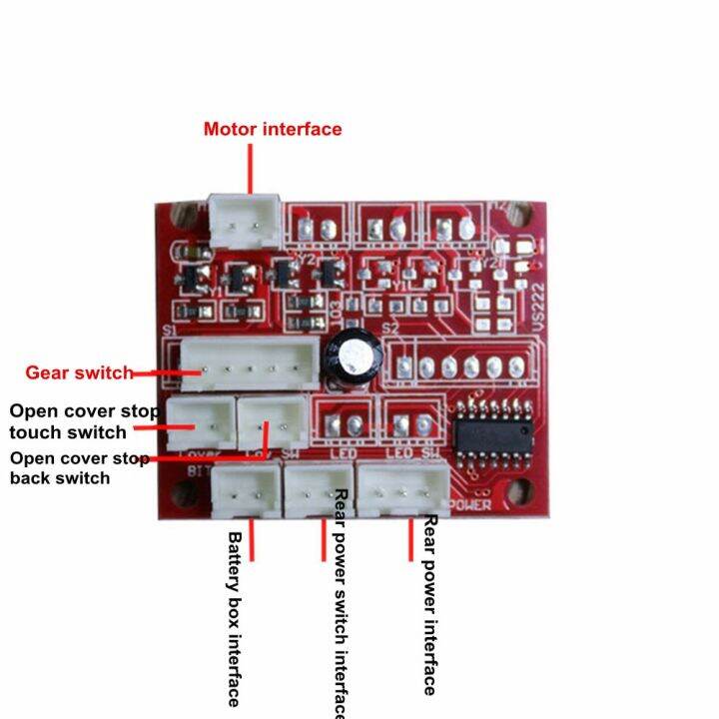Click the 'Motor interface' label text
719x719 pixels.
pyautogui.click(x=272, y=129)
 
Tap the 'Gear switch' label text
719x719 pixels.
pyautogui.click(x=78, y=372)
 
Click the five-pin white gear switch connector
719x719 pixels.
pyautogui.click(x=251, y=366)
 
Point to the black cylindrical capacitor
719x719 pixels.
pyautogui.click(x=355, y=357)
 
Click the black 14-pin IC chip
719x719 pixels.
pyautogui.click(x=488, y=431)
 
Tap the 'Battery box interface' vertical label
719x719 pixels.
pyautogui.click(x=234, y=618)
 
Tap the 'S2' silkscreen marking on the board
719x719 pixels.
pyautogui.click(x=390, y=328)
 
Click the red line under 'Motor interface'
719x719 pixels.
pyautogui.click(x=250, y=166)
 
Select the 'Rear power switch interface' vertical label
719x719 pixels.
pyautogui.click(x=340, y=604)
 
